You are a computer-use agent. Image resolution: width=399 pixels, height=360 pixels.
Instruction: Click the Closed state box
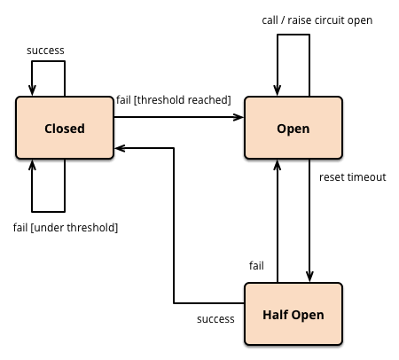65,128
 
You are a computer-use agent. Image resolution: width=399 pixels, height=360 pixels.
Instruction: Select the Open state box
293,128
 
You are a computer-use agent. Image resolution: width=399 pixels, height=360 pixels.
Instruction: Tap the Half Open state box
293,314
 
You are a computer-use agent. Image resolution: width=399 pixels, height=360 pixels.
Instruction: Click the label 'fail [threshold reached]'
174,100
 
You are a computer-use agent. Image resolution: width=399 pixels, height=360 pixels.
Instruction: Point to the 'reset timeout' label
353,177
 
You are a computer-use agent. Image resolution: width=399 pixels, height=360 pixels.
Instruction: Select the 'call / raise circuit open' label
317,20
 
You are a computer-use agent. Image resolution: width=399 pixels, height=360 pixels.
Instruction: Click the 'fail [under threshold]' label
66,228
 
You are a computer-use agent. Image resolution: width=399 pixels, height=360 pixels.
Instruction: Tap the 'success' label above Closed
45,51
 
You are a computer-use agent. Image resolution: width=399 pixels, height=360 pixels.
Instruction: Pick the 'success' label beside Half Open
215,319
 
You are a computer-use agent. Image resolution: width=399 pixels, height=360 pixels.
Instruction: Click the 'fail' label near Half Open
256,265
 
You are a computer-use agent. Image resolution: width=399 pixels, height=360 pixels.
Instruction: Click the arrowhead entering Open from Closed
239,117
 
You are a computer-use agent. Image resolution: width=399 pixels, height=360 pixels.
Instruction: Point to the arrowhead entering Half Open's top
309,277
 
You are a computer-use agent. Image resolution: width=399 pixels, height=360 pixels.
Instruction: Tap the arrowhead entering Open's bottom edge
278,165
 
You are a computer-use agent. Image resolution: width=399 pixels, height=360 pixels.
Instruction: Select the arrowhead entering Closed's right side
120,148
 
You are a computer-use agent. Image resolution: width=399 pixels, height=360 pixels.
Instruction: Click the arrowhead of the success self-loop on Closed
32,90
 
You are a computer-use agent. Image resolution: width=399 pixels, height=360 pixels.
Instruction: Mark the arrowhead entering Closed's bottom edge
32,165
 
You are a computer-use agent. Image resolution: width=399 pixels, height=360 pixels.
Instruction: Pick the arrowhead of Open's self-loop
278,90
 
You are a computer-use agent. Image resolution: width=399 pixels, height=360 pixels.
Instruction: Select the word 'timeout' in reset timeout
367,177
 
